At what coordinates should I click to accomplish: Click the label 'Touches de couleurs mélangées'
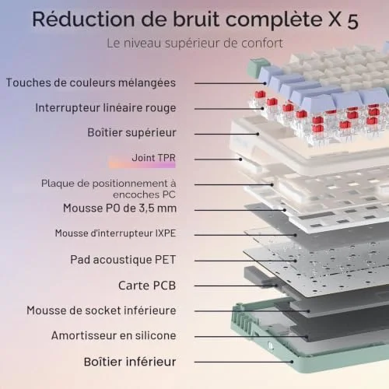point(91,83)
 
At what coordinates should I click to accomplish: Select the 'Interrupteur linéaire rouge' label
point(106,108)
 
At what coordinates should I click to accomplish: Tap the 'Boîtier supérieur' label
point(131,132)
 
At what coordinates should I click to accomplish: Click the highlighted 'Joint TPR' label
point(153,158)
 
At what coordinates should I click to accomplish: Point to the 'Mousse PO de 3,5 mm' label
point(120,209)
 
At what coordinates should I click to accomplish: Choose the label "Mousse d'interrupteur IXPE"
point(115,233)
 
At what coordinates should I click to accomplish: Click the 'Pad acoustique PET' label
point(123,260)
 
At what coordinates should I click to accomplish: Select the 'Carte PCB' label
point(147,286)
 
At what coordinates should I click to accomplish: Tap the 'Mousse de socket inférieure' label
point(101,310)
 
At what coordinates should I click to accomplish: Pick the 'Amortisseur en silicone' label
point(114,335)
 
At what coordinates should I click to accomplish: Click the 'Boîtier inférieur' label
point(130,362)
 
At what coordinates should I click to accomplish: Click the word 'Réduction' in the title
point(83,19)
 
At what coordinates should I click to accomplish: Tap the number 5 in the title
point(352,21)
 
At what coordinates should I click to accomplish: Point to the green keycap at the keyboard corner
point(258,68)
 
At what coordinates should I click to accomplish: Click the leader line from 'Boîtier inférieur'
point(244,362)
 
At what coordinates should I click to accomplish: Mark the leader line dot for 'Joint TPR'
point(240,159)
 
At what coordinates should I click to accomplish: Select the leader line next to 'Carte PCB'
point(236,286)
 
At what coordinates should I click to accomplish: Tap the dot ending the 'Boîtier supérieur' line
point(258,134)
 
